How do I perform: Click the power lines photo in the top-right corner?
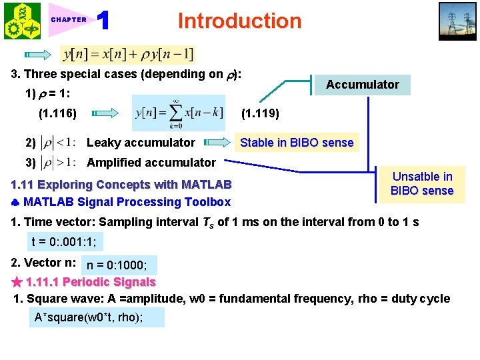pos(457,21)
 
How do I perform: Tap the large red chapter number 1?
pos(103,21)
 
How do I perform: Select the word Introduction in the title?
pos(239,21)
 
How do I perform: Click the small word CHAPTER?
pos(69,20)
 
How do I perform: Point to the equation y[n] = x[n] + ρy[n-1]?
pos(127,53)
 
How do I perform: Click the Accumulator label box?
pos(362,85)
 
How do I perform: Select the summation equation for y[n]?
pos(178,113)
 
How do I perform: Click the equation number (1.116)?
pos(57,114)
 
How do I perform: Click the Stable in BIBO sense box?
pos(296,143)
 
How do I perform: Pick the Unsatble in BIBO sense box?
pos(422,184)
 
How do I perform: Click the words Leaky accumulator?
pos(141,143)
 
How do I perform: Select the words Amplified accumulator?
pos(151,163)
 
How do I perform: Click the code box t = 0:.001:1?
pos(67,242)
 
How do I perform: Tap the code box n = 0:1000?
pos(118,265)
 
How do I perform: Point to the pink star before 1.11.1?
pos(17,283)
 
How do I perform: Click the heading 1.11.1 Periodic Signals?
pos(91,283)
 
